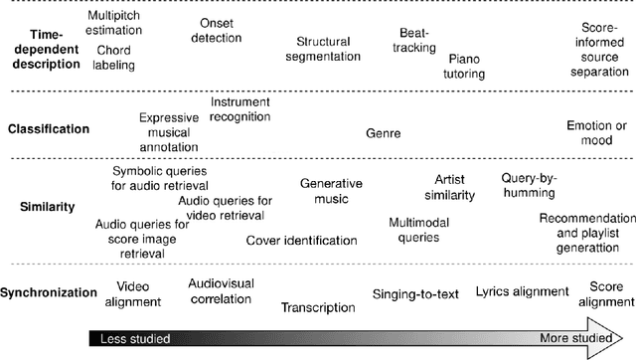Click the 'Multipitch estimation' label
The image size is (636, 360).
114,24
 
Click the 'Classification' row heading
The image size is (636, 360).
49,129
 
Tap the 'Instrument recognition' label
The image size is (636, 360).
240,109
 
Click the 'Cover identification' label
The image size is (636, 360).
301,240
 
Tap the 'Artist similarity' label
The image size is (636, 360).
448,187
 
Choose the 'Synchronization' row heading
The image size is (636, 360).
50,292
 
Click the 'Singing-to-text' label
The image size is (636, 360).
415,293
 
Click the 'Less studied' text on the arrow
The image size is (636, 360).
130,338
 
